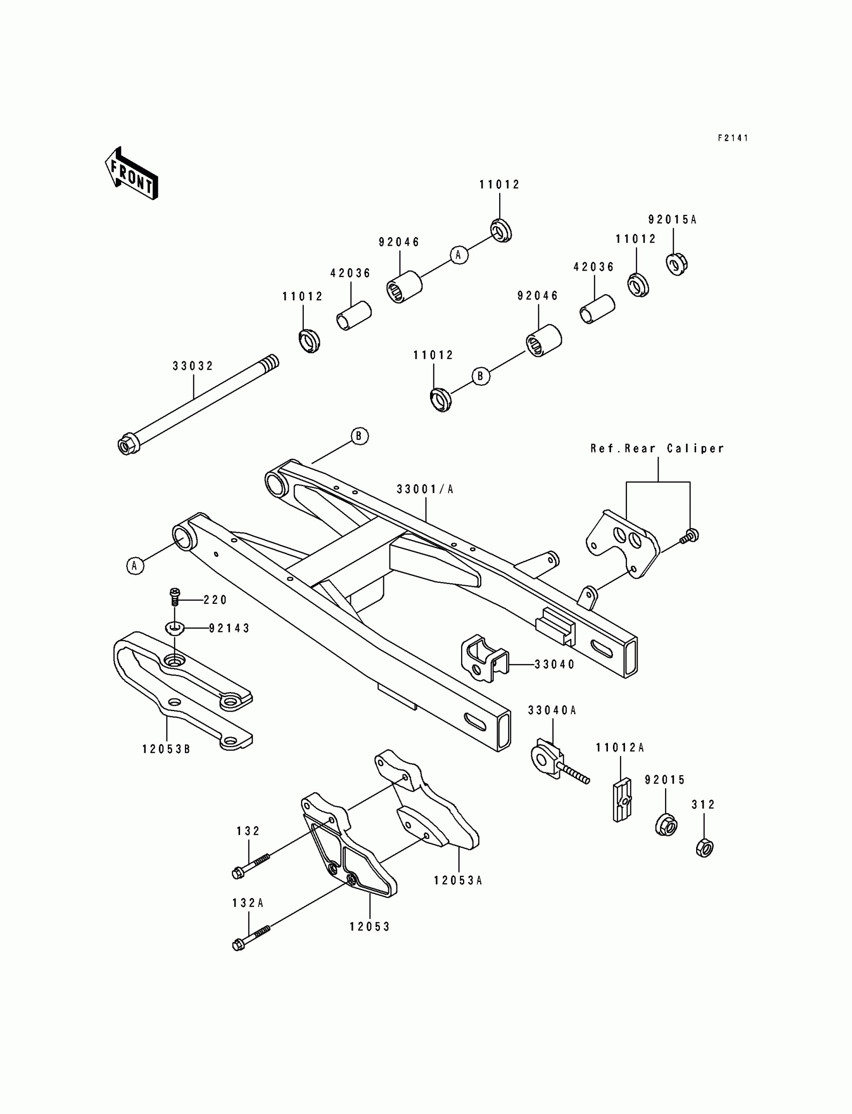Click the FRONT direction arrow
131,173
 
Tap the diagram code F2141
733,138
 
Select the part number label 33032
193,366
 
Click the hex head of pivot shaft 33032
125,444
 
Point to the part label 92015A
673,219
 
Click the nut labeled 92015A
676,264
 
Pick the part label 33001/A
425,489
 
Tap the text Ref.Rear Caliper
657,448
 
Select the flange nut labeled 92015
666,825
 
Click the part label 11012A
620,747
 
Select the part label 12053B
166,749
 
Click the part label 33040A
552,711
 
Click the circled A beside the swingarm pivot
135,565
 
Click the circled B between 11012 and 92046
481,376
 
